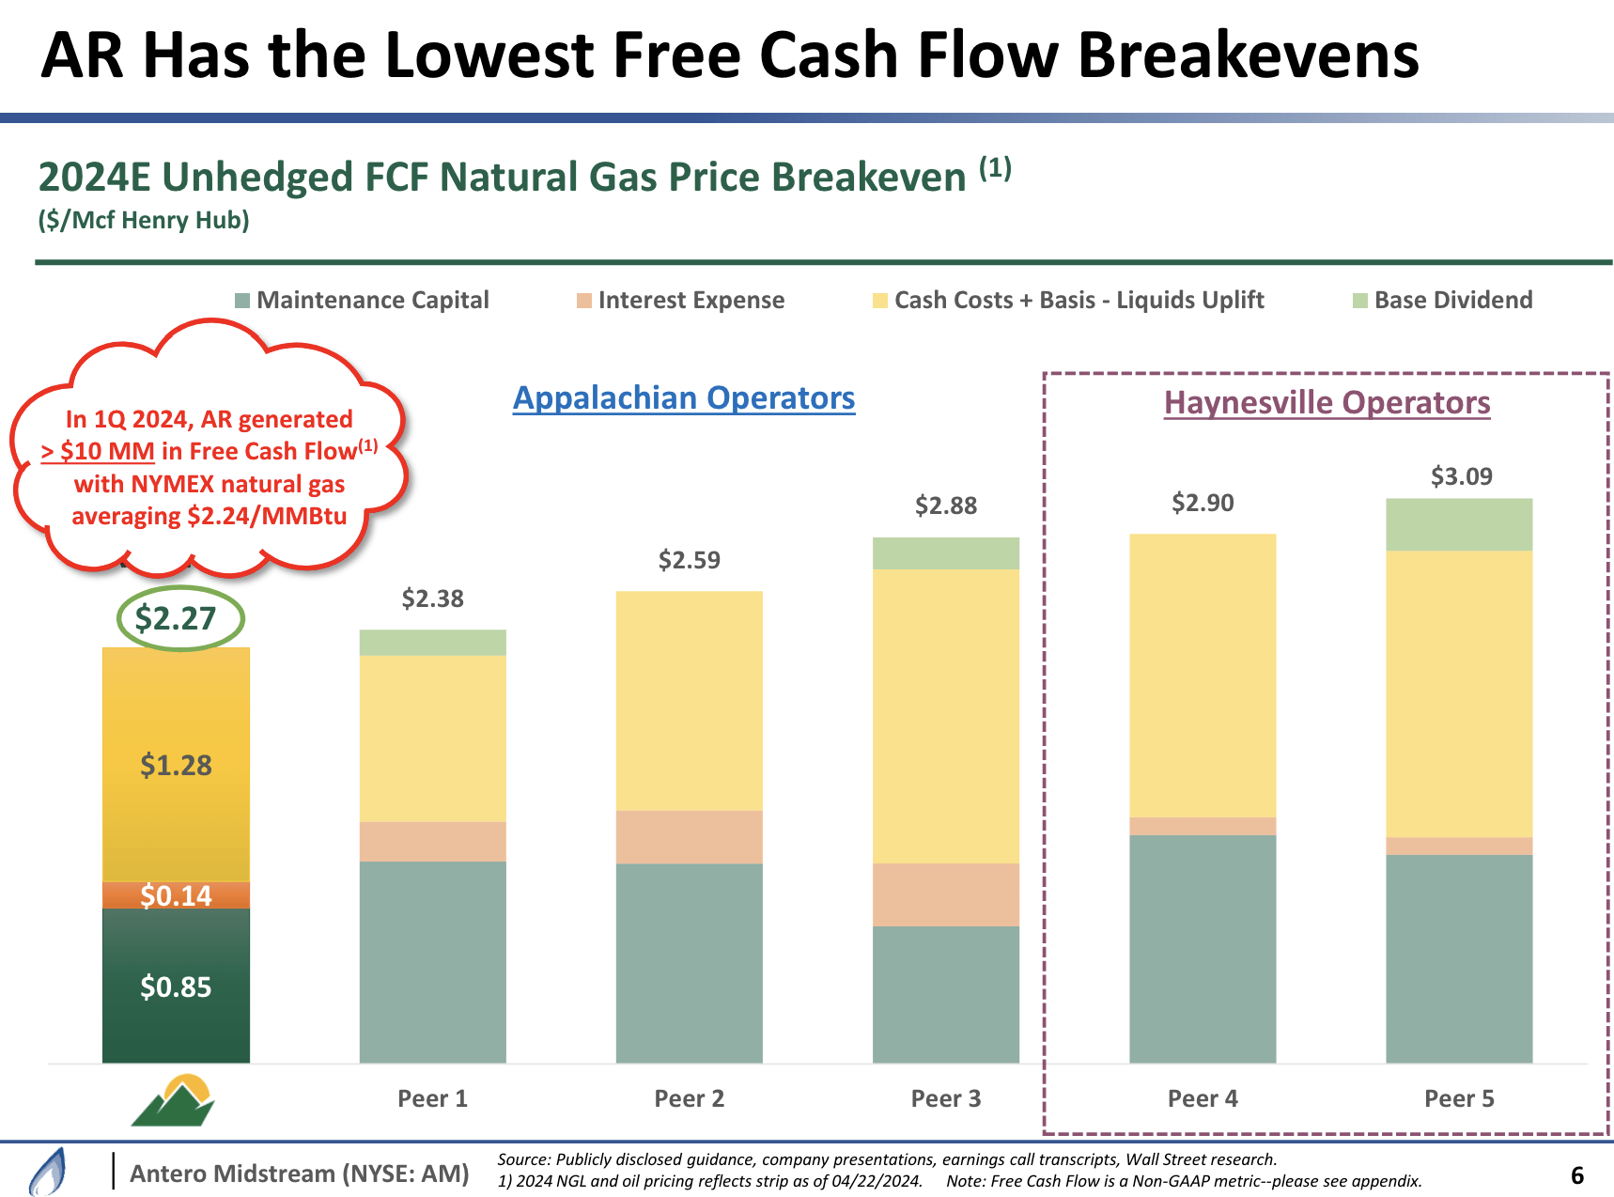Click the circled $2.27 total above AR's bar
[x=176, y=618]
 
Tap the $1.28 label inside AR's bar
[x=176, y=765]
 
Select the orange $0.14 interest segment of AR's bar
[x=176, y=895]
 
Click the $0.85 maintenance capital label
[x=176, y=987]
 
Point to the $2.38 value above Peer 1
[x=432, y=598]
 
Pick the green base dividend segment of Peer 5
[x=1459, y=524]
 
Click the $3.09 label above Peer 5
[x=1461, y=476]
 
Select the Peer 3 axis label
[x=945, y=1098]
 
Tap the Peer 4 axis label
[x=1203, y=1098]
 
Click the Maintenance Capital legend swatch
[x=242, y=301]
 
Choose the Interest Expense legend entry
[x=691, y=301]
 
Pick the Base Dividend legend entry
[x=1452, y=301]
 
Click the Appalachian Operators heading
[x=684, y=398]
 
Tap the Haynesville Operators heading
[x=1327, y=403]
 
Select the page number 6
[x=1576, y=1175]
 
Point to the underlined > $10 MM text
[x=98, y=452]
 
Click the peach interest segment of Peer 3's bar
[x=945, y=894]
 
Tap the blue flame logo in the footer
[x=48, y=1172]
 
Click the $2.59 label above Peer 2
[x=689, y=560]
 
